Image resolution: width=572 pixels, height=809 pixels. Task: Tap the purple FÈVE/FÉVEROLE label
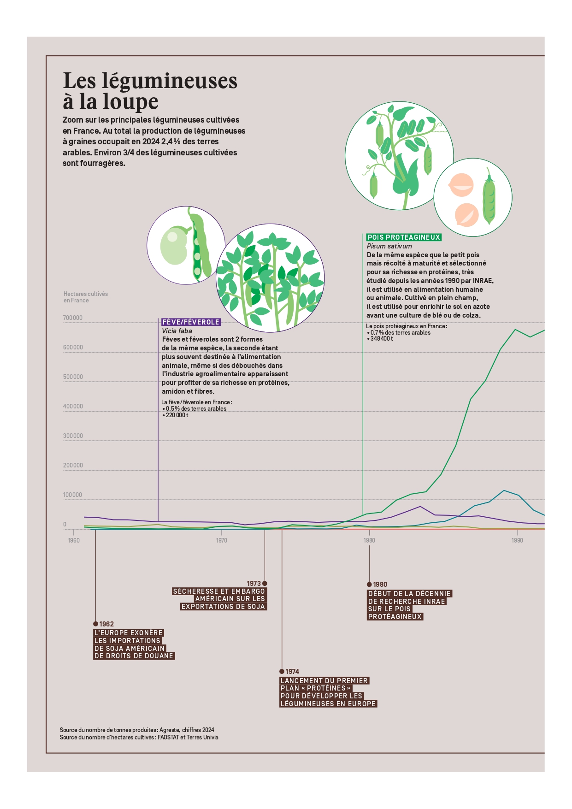pos(191,322)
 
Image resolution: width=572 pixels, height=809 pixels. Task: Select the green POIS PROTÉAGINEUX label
pos(404,237)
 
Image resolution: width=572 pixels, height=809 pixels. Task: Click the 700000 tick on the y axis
pos(73,318)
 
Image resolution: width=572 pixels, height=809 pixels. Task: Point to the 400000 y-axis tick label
pos(73,406)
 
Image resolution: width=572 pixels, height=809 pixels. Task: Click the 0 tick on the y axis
pos(65,524)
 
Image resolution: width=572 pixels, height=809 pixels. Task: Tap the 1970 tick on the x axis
pos(222,540)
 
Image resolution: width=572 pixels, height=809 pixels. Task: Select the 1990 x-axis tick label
pos(517,540)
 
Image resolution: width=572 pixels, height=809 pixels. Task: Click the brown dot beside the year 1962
pos(95,624)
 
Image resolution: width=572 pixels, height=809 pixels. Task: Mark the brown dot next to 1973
pos(265,584)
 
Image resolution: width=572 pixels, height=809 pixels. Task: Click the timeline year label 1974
pos(292,672)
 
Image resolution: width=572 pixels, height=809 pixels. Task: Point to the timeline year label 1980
pos(380,585)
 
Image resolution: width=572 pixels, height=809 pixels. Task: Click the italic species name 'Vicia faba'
pos(177,331)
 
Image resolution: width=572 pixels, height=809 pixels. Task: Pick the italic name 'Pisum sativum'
pos(389,246)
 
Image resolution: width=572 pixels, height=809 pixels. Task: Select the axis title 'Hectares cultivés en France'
pos(86,297)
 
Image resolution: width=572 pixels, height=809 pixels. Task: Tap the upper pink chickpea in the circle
pos(460,185)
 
